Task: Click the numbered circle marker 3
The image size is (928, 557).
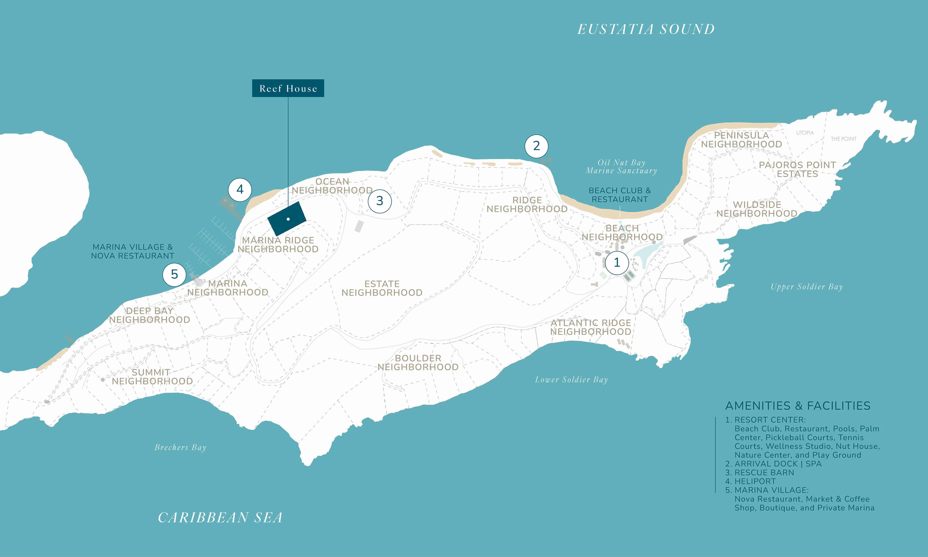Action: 379,201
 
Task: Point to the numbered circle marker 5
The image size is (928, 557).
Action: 174,274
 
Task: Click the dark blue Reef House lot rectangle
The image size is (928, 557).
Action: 287,219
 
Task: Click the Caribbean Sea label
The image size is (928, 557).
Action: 220,518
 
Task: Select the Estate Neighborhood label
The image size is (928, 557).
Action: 382,288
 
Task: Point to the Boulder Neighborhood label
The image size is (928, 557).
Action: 418,362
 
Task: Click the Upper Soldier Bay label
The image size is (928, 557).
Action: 807,287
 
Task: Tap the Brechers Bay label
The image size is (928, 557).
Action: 180,448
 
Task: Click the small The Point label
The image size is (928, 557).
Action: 843,139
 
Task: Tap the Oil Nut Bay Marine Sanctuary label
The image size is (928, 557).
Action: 621,167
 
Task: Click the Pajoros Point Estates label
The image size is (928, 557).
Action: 797,169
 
